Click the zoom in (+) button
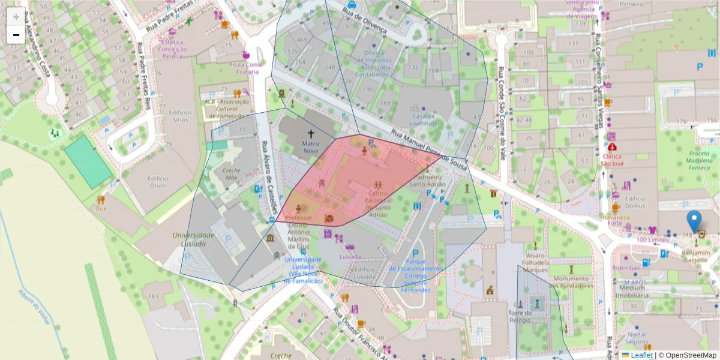click(x=16, y=17)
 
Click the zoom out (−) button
click(x=16, y=35)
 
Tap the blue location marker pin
click(x=695, y=222)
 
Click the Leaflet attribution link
click(x=641, y=355)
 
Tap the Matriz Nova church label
click(x=311, y=148)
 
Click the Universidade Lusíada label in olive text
click(x=193, y=239)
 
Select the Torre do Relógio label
click(x=520, y=317)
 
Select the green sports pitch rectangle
click(x=88, y=161)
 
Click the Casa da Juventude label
click(x=424, y=119)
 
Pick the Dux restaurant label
click(x=100, y=208)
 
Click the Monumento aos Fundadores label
click(x=571, y=282)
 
